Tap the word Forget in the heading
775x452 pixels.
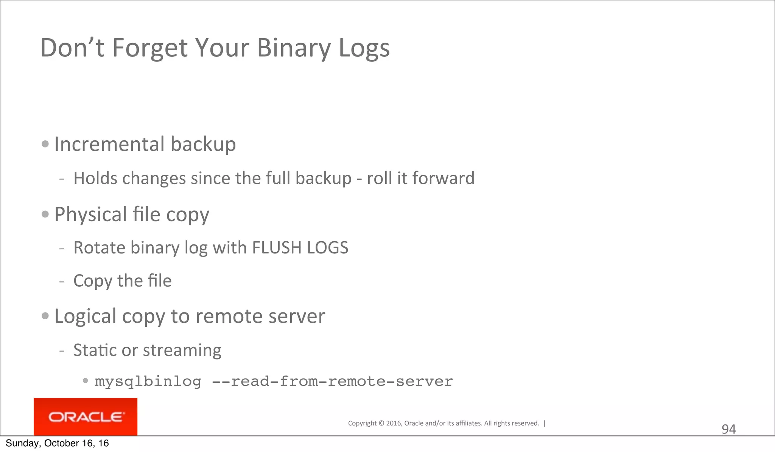(150, 48)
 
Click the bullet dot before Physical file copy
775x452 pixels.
(45, 214)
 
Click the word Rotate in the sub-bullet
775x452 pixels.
(100, 248)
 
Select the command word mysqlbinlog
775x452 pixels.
(148, 381)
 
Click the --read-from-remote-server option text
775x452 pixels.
(332, 381)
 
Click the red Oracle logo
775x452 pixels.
(86, 417)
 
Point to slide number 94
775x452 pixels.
(728, 429)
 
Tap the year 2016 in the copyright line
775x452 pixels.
(394, 423)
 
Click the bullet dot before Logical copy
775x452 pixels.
(45, 316)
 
